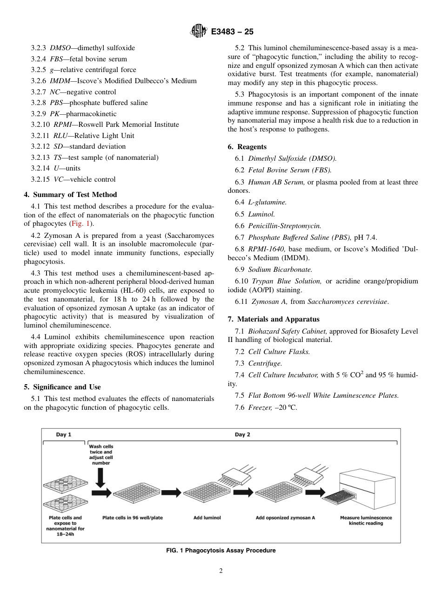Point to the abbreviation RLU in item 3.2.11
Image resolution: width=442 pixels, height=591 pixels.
[60, 136]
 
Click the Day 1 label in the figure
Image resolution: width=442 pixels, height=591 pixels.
[64, 435]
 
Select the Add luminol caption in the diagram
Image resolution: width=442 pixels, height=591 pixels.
[207, 518]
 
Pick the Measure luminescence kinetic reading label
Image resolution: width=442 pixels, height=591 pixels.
[366, 520]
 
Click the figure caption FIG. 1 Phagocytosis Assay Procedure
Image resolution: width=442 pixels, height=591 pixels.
[221, 551]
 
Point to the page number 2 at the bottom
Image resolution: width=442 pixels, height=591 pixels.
[221, 571]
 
